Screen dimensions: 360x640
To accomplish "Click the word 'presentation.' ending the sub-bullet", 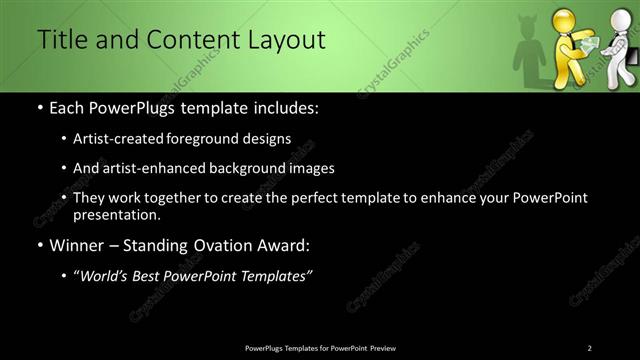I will point(116,215).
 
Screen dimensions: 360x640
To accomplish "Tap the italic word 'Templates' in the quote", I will point(274,276).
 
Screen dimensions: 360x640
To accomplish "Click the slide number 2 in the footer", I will point(589,348).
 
